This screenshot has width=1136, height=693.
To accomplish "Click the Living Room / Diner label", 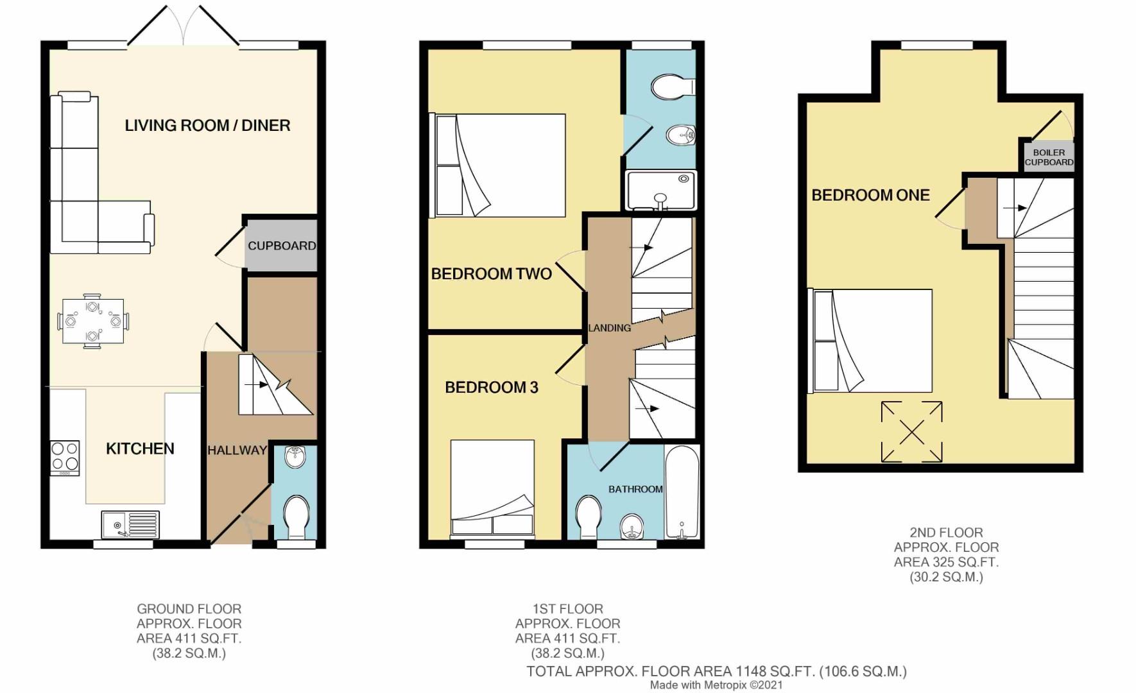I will point(207,125).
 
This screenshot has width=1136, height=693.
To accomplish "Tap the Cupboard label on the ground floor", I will point(282,246).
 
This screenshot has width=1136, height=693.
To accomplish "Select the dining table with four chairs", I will point(93,321).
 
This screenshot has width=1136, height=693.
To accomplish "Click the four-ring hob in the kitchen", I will point(65,458).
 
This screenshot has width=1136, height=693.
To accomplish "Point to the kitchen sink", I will point(130,525).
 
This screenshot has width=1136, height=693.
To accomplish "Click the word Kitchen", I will point(140,449).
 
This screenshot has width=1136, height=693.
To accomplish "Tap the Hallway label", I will point(237,450).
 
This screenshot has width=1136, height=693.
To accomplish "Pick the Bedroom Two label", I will point(491,274).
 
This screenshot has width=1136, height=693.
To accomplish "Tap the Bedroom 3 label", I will point(491,387).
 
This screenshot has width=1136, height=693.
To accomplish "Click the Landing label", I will point(610,328).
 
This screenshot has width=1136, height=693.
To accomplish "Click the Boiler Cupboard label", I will point(1049,157).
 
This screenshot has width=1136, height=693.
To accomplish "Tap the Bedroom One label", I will point(870,195).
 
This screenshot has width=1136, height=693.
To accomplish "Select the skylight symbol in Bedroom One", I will point(911,432).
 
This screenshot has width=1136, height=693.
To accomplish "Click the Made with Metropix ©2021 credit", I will point(716,685).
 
